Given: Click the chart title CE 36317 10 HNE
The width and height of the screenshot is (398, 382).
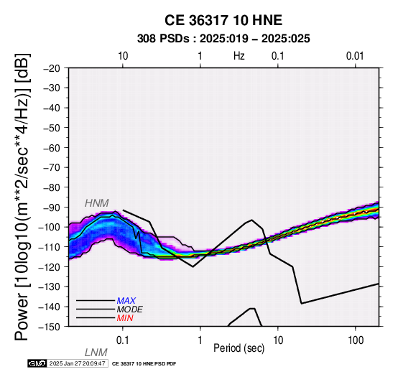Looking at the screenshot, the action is click(x=223, y=20).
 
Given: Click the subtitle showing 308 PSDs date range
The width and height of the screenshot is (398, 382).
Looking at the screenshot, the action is click(x=223, y=39).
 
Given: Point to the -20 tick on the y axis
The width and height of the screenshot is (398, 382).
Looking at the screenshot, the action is click(x=52, y=68).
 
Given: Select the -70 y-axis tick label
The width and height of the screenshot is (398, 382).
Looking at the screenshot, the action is click(x=52, y=168).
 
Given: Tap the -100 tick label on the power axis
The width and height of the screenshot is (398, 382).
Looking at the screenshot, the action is click(x=50, y=227).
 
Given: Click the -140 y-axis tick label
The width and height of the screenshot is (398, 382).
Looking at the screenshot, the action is click(x=50, y=307).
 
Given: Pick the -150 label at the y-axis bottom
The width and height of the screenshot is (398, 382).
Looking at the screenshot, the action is click(x=50, y=327).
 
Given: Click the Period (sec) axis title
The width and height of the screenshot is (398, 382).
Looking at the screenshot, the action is click(x=239, y=348).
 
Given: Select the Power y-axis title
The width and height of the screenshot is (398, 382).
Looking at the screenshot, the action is click(x=22, y=197).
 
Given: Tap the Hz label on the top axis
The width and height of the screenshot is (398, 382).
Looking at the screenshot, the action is click(x=239, y=56).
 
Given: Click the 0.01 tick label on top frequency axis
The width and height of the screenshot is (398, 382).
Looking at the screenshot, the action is click(x=355, y=56).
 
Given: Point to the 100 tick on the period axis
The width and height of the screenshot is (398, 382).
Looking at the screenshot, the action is click(x=356, y=340).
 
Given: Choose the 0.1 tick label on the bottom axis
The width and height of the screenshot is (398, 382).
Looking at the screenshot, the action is click(x=123, y=340).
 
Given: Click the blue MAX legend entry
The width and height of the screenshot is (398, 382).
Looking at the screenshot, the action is click(x=126, y=301).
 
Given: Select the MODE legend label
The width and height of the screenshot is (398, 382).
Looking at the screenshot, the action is click(x=130, y=309).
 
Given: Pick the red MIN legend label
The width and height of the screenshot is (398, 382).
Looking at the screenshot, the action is click(x=125, y=318).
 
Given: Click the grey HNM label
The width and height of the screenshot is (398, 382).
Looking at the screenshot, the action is click(x=97, y=203).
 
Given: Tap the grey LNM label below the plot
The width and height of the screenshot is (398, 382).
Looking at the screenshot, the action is click(x=96, y=353).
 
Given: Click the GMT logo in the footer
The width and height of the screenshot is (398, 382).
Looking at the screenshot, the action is click(x=37, y=363).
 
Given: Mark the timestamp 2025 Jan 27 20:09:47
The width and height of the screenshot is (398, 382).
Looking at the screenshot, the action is click(x=77, y=363).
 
